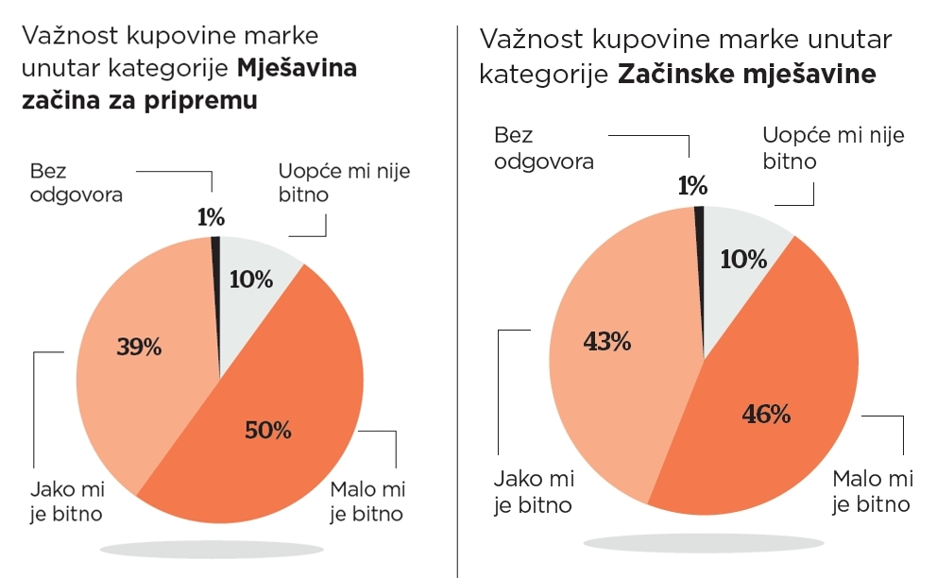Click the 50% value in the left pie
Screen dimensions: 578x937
pos(267,431)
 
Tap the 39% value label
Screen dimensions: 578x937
pos(139,347)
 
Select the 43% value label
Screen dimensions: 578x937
pos(607,341)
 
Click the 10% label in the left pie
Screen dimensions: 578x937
pos(251,279)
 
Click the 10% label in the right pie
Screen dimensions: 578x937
pos(743,259)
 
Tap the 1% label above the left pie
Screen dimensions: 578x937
pos(211,217)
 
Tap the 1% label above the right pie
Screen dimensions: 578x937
pos(692,186)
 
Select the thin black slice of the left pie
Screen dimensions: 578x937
pos(216,247)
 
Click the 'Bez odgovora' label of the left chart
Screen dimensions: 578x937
pos(76,183)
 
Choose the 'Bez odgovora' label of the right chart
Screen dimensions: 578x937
pos(544,148)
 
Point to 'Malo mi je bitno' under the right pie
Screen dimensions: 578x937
pos(871,489)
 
